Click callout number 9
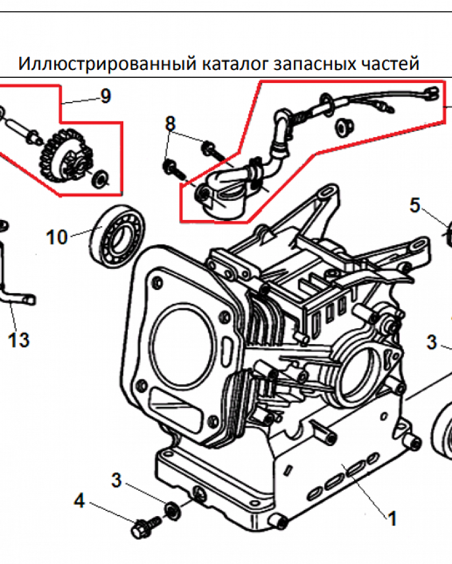click(x=105, y=96)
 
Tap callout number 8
click(x=171, y=123)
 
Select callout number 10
click(x=57, y=237)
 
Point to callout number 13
click(x=19, y=340)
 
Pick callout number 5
click(x=415, y=205)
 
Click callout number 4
click(x=79, y=500)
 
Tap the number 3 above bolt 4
click(x=116, y=481)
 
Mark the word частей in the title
click(x=390, y=64)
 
